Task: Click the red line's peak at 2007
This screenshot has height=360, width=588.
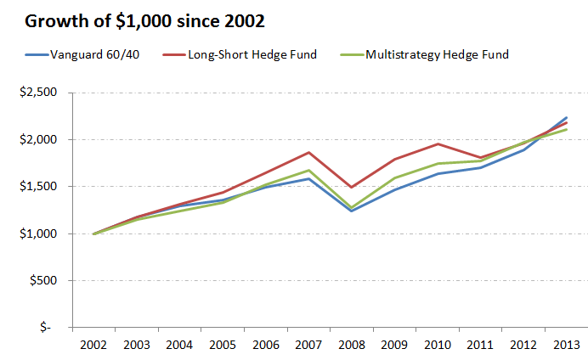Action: (x=308, y=153)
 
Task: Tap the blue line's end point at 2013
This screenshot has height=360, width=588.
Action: (x=566, y=117)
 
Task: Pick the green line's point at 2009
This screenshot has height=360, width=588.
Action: (x=394, y=177)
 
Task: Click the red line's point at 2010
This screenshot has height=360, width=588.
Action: (x=437, y=143)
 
